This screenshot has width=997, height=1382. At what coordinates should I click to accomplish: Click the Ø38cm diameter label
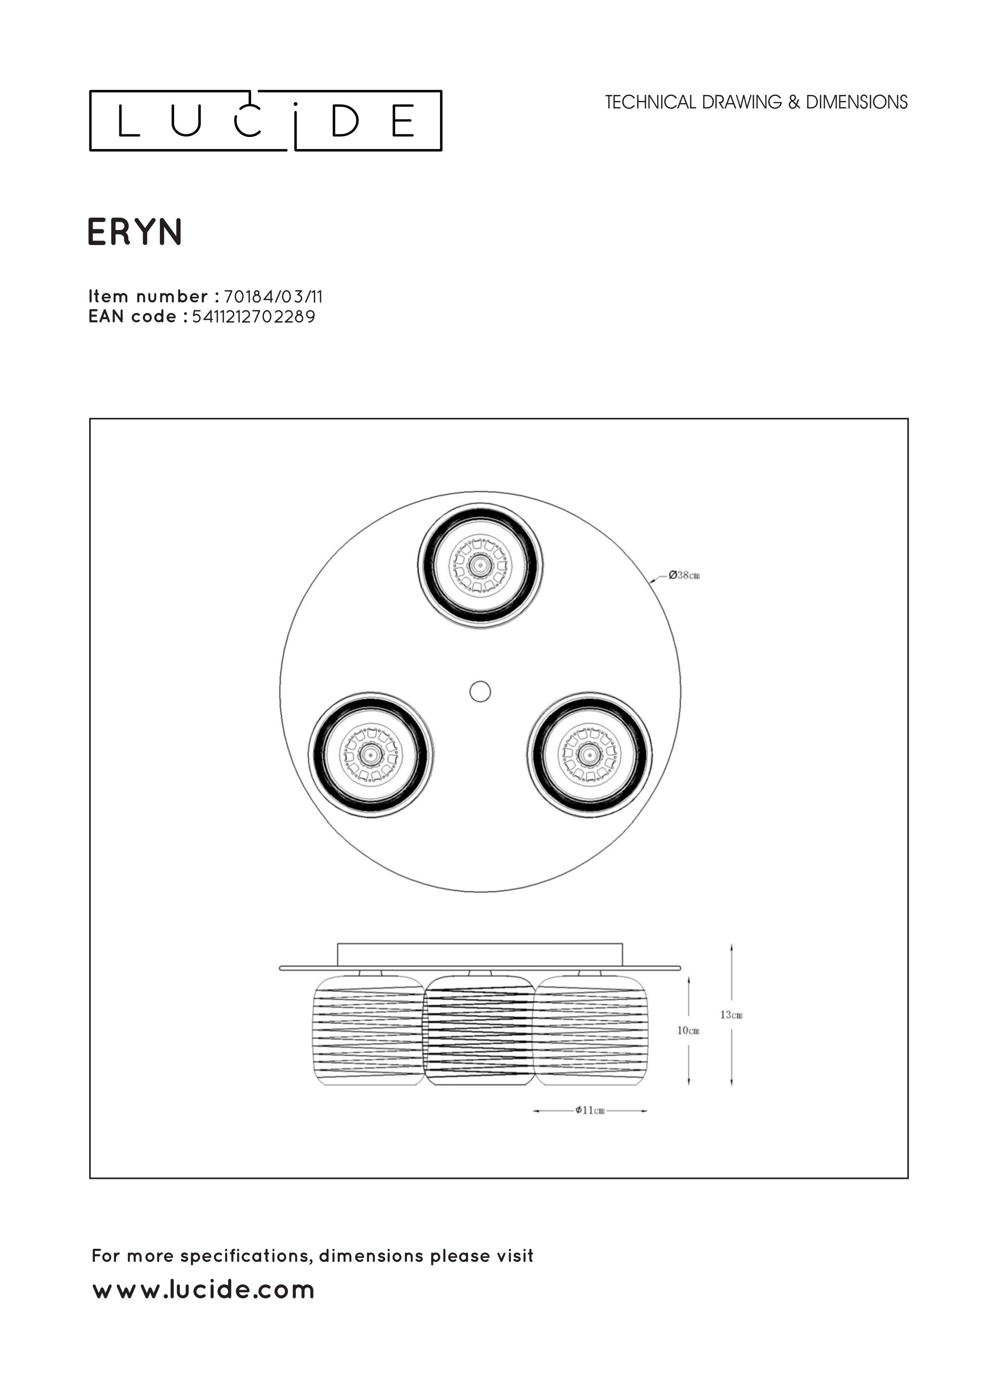pos(684,574)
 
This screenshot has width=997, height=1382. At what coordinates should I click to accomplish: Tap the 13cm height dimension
pos(731,1015)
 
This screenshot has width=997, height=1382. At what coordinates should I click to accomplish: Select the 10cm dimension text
pos(688,1030)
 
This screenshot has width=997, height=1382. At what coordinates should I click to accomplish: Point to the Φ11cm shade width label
pos(590,1110)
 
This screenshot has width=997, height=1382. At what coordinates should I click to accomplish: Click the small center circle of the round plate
pos(480,692)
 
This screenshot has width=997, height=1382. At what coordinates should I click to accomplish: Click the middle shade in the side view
pos(480,1029)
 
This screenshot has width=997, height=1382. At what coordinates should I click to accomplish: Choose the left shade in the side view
pos(368,1030)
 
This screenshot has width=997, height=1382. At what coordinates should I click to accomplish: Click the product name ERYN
pos(135,232)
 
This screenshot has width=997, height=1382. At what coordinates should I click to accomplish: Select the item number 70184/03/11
pos(273,297)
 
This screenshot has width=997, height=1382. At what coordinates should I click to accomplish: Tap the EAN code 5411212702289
pos(253,317)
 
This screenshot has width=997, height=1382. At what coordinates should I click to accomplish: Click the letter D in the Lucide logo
pos(345,121)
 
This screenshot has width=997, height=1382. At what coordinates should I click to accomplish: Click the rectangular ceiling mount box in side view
pos(480,954)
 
